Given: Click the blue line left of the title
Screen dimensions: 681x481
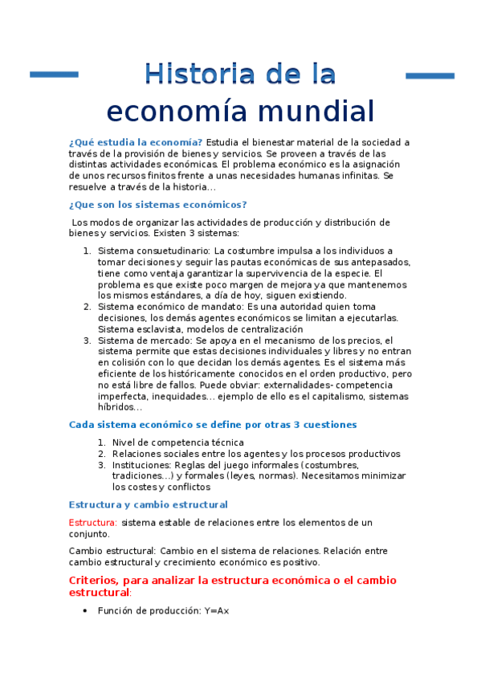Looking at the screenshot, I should [x=54, y=75].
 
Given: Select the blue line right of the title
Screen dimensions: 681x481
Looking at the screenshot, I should [x=430, y=75].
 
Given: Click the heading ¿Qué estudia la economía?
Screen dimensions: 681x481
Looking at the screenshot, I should [x=137, y=142].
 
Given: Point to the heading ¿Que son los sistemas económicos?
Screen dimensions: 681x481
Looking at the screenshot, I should [x=158, y=204].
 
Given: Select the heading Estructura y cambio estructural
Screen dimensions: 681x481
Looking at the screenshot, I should [x=149, y=504].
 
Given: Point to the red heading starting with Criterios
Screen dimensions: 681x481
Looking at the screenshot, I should [x=233, y=580].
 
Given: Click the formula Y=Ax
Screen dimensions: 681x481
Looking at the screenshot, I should [x=217, y=610].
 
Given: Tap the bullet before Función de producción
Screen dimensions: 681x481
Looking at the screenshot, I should [x=85, y=611].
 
